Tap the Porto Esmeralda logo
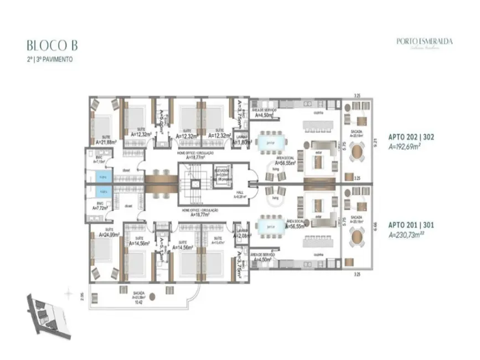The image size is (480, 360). click(x=424, y=42)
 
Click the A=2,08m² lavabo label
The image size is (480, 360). click(x=241, y=235)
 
